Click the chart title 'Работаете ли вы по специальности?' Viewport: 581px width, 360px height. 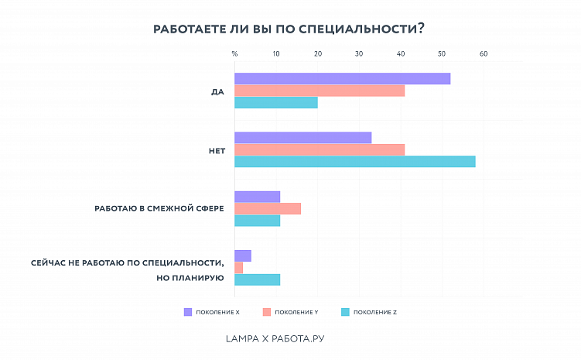tap(289, 28)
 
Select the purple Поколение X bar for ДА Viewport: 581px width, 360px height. tap(342, 79)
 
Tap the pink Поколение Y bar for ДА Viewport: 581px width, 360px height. tap(319, 91)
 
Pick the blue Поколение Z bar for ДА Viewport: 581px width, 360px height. tap(275, 102)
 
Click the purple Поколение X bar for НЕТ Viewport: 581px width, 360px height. tap(302, 138)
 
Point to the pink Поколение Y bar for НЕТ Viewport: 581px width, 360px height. tap(319, 149)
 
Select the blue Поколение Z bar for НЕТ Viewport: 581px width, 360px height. tap(354, 161)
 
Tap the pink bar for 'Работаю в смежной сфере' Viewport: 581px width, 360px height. tap(267, 208)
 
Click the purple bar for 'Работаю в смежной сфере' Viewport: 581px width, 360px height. tap(257, 197)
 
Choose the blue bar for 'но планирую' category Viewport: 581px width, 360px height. tap(257, 279)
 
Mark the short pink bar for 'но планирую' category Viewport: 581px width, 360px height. tap(238, 268)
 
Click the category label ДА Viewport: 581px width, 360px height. tap(217, 91)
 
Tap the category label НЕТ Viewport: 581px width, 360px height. tap(217, 150)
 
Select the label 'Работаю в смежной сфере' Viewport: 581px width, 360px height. tap(159, 209)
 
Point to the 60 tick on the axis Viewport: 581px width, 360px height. tap(484, 54)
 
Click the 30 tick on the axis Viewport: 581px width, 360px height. tap(359, 54)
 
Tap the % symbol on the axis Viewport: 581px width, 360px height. tap(235, 54)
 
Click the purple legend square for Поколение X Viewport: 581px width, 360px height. tap(187, 312)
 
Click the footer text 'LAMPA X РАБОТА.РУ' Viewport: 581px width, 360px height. tap(280, 338)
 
